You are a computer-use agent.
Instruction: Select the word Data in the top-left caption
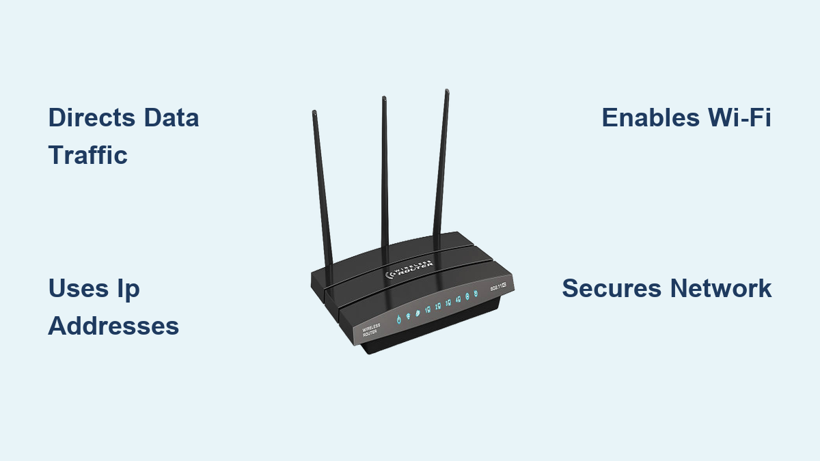point(171,117)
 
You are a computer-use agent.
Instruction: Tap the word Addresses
point(113,326)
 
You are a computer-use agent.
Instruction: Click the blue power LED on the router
point(398,318)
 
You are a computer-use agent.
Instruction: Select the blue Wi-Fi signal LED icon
point(408,315)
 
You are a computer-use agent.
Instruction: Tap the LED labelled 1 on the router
point(428,309)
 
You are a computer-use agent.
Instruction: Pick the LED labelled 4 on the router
point(457,301)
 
